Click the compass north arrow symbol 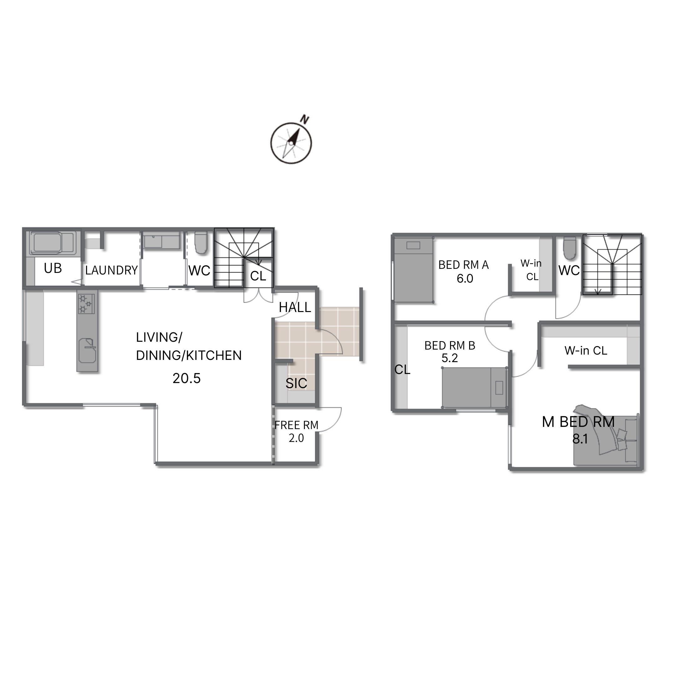pos(291,143)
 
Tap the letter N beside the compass pos(305,120)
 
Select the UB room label pos(53,269)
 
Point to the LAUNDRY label pos(111,270)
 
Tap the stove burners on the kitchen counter pos(86,304)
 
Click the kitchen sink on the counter pos(87,350)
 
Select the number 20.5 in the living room pos(187,379)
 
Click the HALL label pos(295,308)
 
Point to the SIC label pos(296,383)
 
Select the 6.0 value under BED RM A pos(465,279)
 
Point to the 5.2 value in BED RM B pos(450,358)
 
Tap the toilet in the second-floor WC pos(570,248)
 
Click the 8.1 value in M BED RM pos(580,439)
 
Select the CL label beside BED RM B pos(402,370)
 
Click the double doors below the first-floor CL pos(258,296)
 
